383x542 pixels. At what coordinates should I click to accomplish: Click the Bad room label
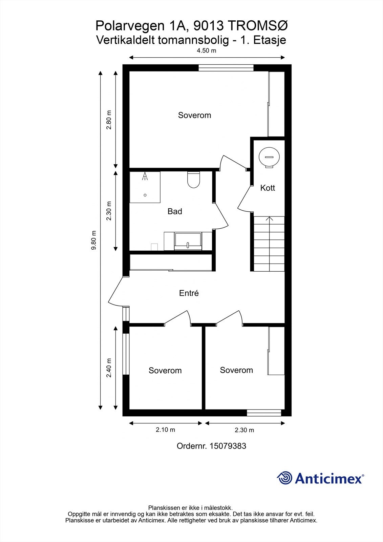coord(175,211)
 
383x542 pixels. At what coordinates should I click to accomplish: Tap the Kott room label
coord(268,188)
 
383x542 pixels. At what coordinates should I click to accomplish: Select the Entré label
coord(189,293)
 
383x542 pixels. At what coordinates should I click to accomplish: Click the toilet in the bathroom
coord(194,180)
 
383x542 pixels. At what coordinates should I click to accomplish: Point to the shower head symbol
coord(145,176)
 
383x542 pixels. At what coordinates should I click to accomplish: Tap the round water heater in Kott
coord(269,157)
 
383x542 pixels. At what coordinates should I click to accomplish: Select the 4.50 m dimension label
coord(206,50)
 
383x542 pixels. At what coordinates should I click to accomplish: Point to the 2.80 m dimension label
coord(109,120)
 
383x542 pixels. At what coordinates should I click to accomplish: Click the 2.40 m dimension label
coord(109,368)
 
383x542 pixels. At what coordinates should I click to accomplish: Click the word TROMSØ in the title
coord(258,26)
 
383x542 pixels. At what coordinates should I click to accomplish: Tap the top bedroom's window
coord(226,68)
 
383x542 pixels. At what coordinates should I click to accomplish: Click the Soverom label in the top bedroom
coord(194,115)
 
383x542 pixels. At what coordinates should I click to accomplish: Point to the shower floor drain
coord(145,195)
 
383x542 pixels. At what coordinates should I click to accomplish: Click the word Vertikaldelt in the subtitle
coord(126,40)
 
